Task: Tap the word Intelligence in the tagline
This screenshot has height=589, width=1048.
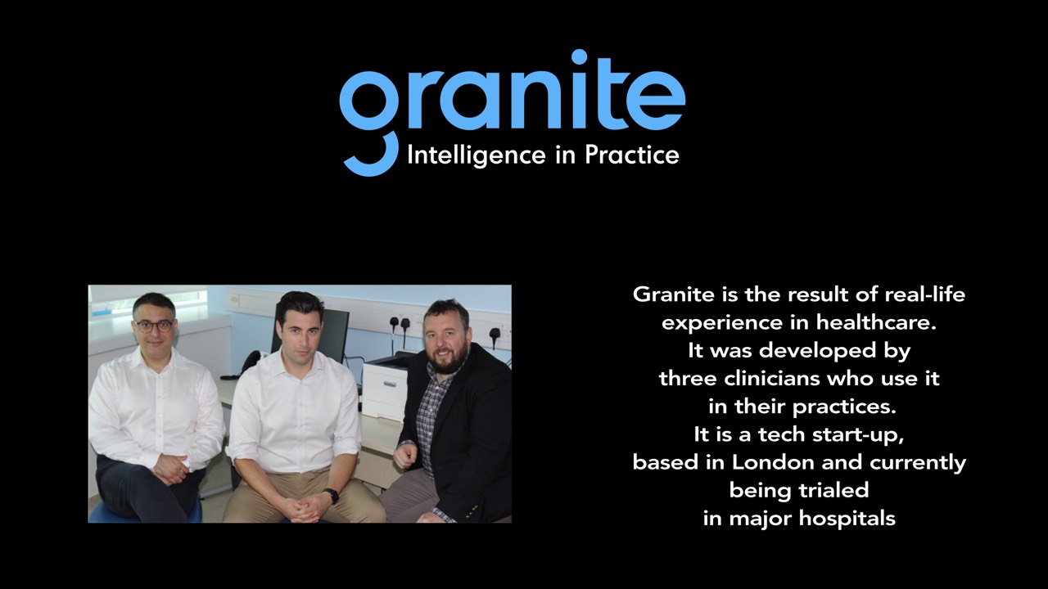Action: point(477,155)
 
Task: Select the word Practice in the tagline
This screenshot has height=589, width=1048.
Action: point(632,155)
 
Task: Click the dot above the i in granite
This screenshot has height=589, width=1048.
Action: point(579,58)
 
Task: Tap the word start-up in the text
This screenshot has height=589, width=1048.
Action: point(854,435)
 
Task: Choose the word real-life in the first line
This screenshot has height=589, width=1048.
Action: point(925,294)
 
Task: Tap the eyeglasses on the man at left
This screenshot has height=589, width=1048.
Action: point(154,326)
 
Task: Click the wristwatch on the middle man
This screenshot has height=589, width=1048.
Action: point(332,496)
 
